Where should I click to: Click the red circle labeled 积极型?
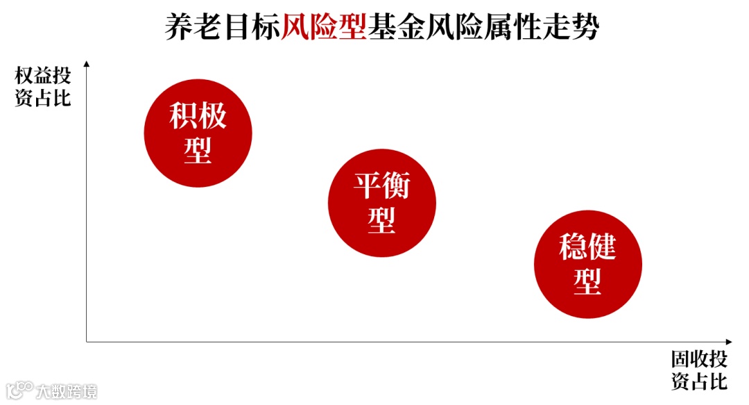198,133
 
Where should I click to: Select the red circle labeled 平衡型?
381,203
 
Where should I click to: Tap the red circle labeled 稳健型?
587,264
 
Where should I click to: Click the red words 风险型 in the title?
324,28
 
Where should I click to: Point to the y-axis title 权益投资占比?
42,87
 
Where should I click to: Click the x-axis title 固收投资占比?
698,370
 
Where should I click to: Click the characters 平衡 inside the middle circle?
381,186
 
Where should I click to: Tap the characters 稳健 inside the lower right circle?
587,247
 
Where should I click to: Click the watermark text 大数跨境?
67,390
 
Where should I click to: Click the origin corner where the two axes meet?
87,342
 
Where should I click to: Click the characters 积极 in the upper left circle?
198,116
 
